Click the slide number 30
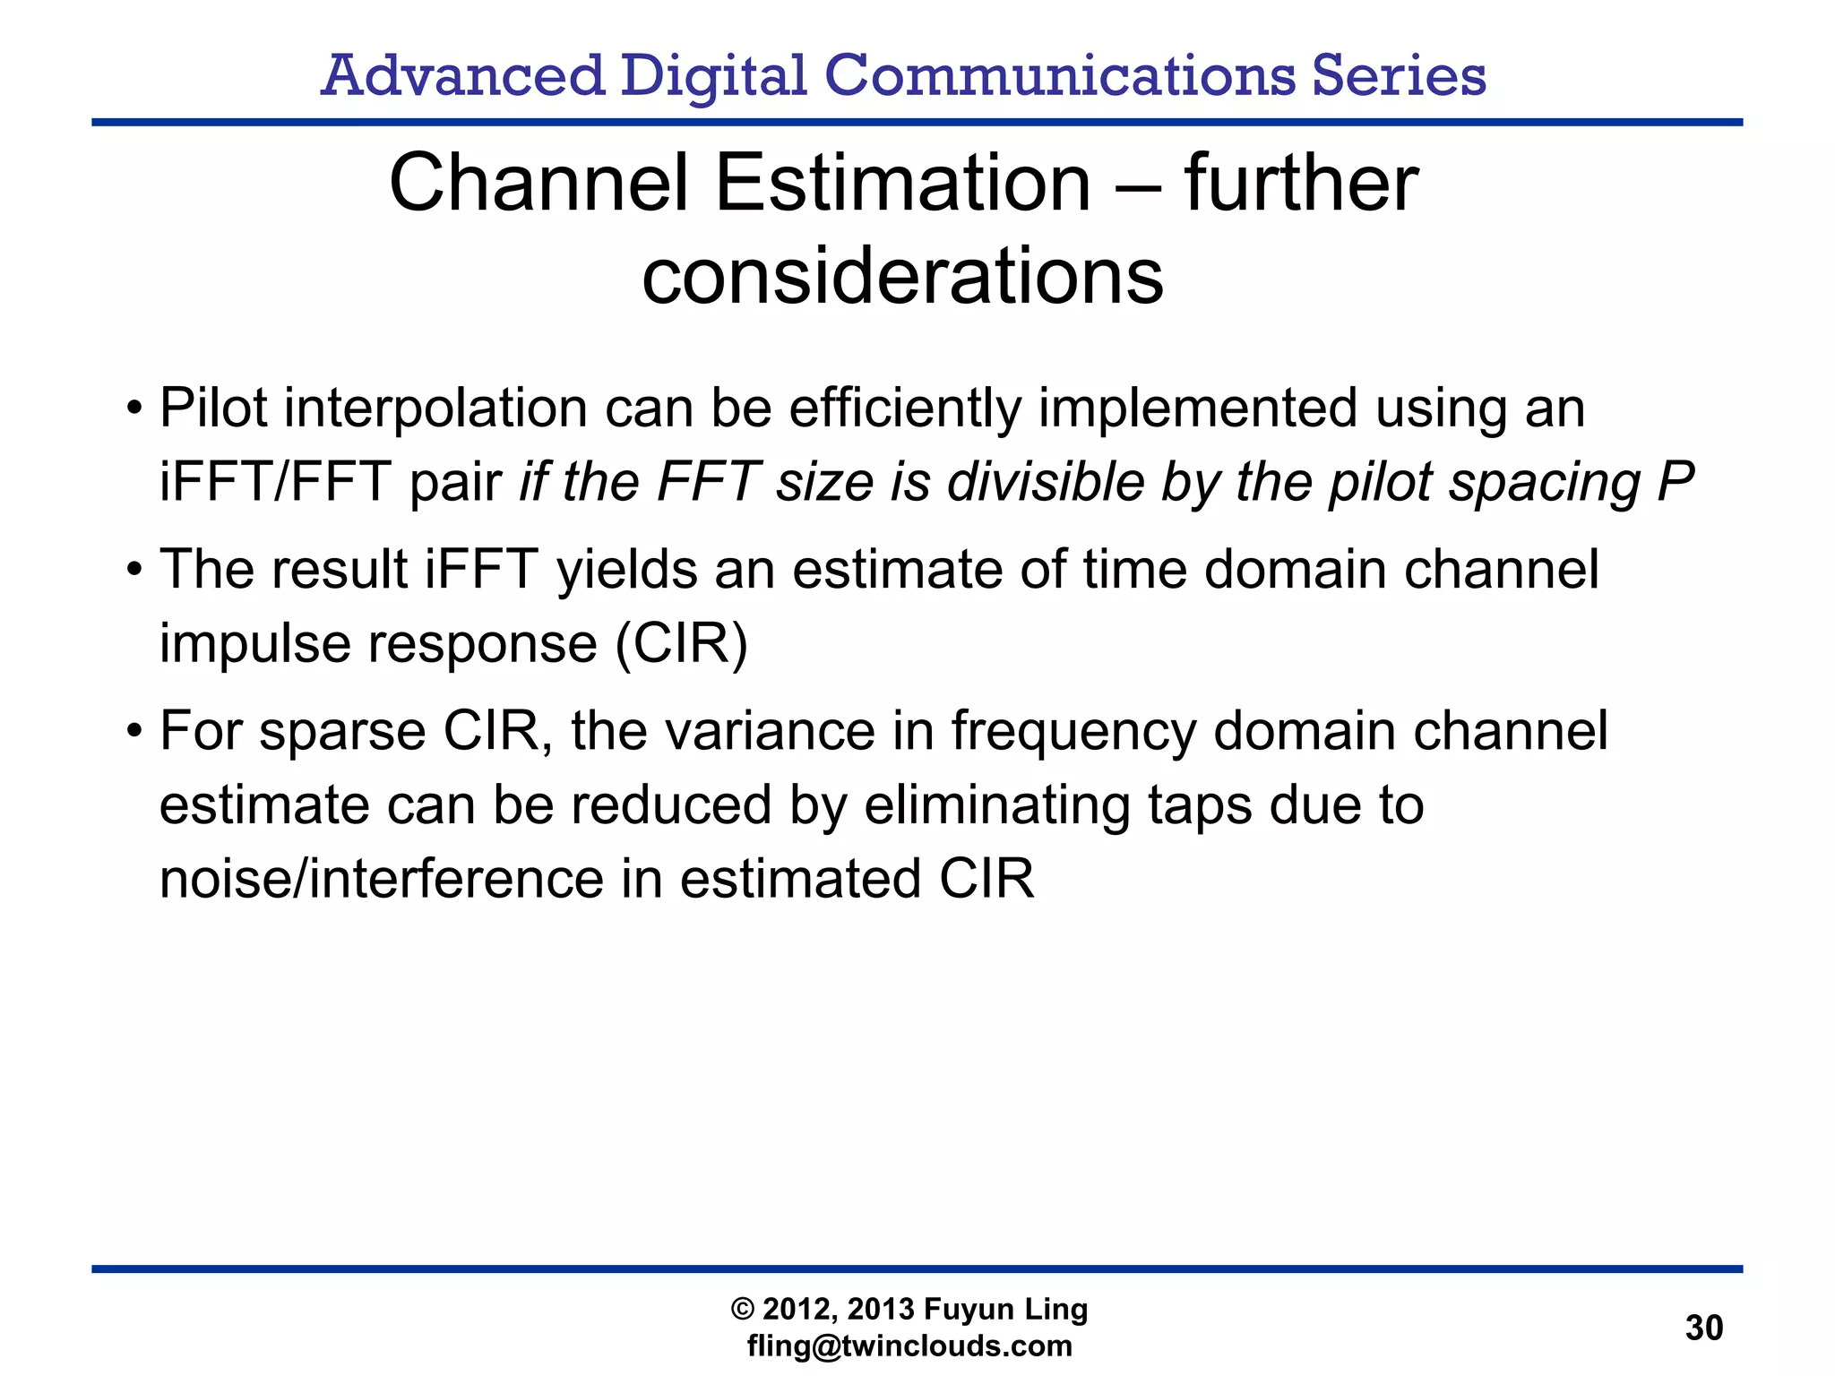[1703, 1328]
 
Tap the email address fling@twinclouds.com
[909, 1346]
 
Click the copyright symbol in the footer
[743, 1310]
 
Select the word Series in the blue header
[1399, 75]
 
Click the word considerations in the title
[902, 276]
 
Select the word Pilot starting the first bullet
[213, 408]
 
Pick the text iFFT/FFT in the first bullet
[274, 482]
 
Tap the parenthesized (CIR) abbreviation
[681, 643]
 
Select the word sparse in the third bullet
[342, 732]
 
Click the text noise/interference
[380, 879]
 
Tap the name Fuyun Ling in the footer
[1005, 1310]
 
